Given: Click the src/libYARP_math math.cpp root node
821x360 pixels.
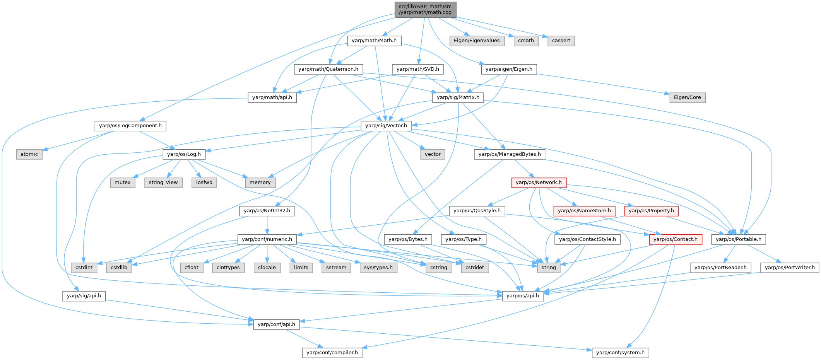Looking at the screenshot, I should pos(425,9).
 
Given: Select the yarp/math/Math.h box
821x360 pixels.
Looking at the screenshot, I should pos(374,41).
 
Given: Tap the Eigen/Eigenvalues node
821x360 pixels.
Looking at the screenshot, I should pos(477,41).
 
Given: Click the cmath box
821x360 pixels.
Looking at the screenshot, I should pos(526,41).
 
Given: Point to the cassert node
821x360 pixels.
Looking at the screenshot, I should pos(561,41).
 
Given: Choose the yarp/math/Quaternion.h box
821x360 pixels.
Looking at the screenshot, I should pos(328,69).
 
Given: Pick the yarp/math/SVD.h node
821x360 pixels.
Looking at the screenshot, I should pos(418,69).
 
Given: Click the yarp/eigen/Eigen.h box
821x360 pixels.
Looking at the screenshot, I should pos(509,69).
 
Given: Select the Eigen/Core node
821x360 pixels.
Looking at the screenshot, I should pos(687,97).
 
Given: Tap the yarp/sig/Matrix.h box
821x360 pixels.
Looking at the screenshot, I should pos(458,97).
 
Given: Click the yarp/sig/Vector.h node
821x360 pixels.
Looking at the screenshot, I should pos(386,126).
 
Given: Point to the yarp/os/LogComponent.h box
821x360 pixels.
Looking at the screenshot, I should pos(130,126).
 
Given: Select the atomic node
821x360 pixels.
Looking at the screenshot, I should pos(29,154).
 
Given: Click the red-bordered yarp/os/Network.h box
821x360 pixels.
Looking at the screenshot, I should pos(539,183).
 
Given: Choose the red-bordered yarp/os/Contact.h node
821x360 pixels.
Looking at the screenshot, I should pos(676,239).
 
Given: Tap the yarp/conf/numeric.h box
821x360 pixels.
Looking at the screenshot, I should pos(267,239).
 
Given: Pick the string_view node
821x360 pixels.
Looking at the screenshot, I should pos(163,183).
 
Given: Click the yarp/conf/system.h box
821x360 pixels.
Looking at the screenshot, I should pos(620,353).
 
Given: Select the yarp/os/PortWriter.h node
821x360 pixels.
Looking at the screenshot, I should pos(790,268).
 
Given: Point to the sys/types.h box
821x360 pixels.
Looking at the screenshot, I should pos(378,268).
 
